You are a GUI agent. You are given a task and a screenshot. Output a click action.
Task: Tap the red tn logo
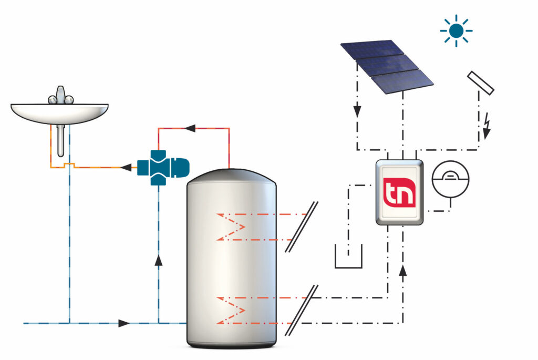coord(399,192)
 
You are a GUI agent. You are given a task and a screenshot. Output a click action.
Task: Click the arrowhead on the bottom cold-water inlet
coord(124,323)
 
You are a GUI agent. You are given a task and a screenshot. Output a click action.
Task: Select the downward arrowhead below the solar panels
coord(357,111)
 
